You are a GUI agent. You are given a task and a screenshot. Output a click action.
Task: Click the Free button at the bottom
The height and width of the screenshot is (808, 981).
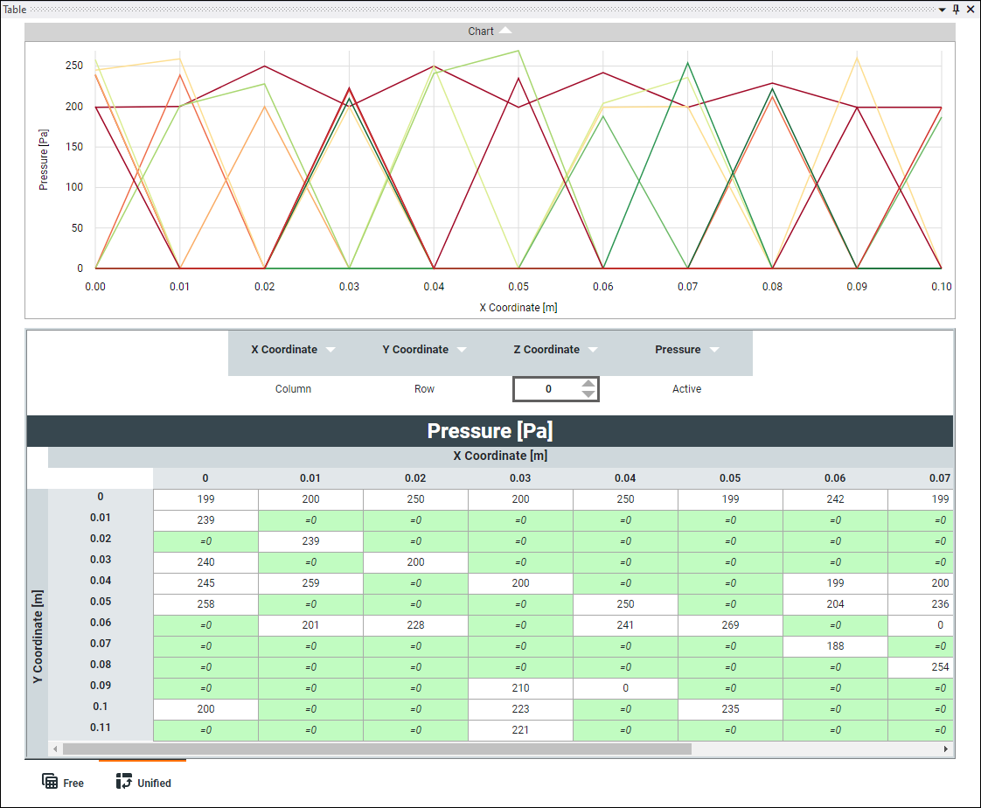click(63, 782)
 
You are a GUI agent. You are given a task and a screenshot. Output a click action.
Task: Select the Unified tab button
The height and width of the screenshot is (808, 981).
click(143, 782)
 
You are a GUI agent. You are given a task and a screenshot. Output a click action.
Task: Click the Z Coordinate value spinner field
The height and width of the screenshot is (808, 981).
click(548, 389)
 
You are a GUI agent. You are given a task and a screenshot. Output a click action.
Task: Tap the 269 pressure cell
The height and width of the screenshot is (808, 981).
click(730, 625)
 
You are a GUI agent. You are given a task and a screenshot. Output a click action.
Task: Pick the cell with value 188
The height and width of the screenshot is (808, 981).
click(835, 646)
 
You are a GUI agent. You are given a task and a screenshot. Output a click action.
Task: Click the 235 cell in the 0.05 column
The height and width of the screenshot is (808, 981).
click(730, 709)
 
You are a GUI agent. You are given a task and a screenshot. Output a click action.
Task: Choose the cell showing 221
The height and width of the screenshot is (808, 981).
click(520, 730)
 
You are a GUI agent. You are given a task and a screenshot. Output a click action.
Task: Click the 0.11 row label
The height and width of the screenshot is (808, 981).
click(101, 728)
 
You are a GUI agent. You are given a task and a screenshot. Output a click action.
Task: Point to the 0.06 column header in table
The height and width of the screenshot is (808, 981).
click(835, 478)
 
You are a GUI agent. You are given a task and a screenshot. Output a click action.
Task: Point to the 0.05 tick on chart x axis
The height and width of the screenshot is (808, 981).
click(518, 287)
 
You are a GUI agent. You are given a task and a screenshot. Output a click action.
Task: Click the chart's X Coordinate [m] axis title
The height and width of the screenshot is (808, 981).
click(518, 307)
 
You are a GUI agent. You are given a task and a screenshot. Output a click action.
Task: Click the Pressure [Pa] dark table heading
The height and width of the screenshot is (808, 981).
click(490, 431)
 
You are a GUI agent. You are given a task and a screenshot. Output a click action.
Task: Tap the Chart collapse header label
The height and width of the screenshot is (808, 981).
click(481, 31)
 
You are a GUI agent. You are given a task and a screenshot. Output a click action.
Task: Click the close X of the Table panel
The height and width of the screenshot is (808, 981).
click(971, 10)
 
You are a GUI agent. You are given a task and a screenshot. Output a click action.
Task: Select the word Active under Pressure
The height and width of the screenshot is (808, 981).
click(686, 389)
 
